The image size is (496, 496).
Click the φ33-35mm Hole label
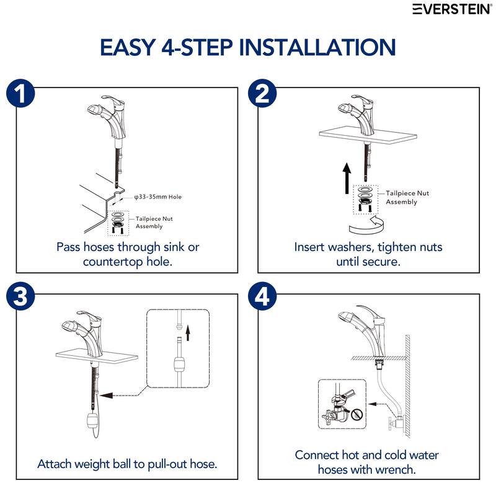(x=158, y=197)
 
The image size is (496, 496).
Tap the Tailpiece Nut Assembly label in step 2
(x=407, y=197)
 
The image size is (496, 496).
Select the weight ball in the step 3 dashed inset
(x=177, y=363)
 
